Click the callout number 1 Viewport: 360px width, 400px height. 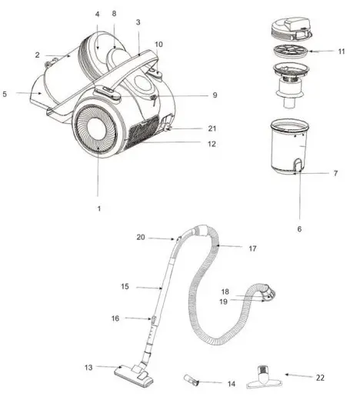tap(99, 208)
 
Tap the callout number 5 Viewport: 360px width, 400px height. tap(5, 94)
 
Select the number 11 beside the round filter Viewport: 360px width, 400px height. tap(342, 52)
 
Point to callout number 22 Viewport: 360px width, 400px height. tap(320, 378)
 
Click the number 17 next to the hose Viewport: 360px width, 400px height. tap(252, 248)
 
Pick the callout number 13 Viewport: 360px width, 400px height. tap(88, 368)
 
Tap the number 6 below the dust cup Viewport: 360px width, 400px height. tap(299, 229)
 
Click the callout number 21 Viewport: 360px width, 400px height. tap(212, 128)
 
